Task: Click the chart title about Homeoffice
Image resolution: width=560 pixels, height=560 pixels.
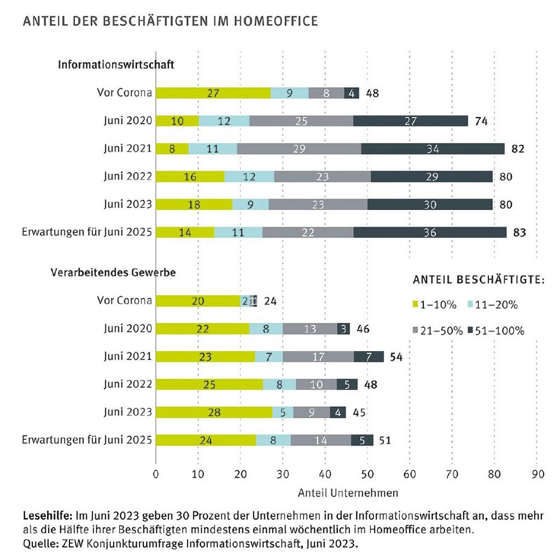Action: [170, 21]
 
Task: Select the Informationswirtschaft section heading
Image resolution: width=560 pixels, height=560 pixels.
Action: [116, 64]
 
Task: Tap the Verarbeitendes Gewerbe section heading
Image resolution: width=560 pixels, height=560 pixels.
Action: [113, 273]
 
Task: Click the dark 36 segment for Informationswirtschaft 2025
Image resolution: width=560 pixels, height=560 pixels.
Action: [430, 232]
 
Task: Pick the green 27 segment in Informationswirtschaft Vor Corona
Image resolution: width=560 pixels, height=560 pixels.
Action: [213, 93]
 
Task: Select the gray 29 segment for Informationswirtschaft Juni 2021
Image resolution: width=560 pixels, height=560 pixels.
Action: [299, 148]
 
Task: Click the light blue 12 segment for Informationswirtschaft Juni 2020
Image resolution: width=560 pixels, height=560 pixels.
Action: [224, 121]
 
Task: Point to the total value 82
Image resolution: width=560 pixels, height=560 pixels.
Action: [518, 148]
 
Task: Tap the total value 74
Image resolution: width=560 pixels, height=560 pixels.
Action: [481, 121]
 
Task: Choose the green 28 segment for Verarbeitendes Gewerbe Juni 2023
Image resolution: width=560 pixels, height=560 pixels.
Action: [214, 412]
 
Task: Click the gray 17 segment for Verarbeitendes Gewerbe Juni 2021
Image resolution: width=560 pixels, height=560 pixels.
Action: [318, 356]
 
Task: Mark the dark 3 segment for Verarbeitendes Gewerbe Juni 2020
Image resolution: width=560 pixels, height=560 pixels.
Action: [344, 329]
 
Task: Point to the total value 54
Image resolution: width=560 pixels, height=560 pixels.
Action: [396, 357]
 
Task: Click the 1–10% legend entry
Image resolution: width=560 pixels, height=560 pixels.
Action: [435, 305]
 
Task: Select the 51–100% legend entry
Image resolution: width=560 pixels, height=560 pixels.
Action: [496, 331]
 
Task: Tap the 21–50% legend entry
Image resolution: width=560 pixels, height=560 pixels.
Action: [438, 331]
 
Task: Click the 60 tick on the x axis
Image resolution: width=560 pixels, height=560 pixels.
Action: [410, 474]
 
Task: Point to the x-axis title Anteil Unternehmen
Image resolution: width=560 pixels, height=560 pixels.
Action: [348, 493]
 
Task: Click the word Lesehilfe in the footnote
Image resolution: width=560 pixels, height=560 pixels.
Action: [48, 515]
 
